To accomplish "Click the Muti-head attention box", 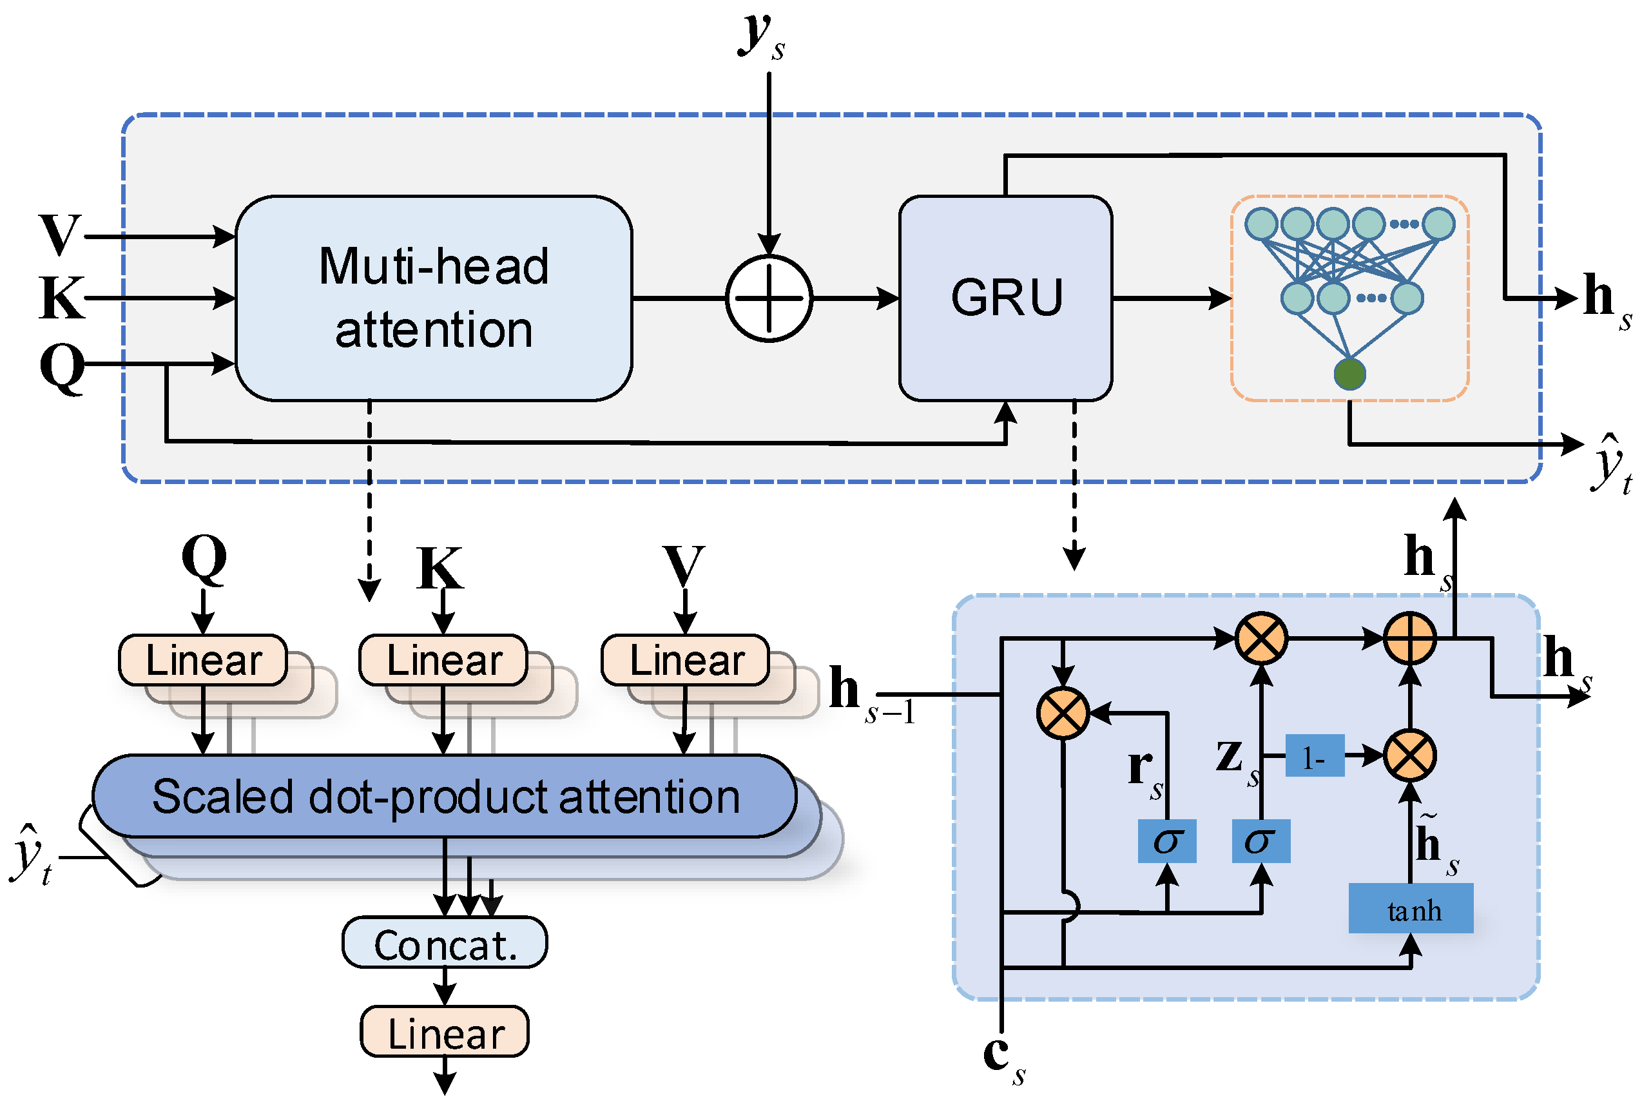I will tap(433, 298).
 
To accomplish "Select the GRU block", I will tap(1005, 298).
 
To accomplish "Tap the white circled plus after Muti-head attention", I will tap(769, 298).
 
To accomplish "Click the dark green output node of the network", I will tap(1349, 374).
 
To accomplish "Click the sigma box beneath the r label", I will tap(1166, 841).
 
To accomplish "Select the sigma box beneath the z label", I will tap(1260, 841).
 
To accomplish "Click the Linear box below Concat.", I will tap(445, 1032).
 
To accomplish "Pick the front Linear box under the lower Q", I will tap(204, 660).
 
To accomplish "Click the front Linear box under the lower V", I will tap(685, 660).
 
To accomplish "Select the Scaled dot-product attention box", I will tap(445, 797).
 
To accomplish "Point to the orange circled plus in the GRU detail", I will tap(1409, 639).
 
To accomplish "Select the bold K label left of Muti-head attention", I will tap(61, 298).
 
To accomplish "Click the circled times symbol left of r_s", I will tap(1063, 714).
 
